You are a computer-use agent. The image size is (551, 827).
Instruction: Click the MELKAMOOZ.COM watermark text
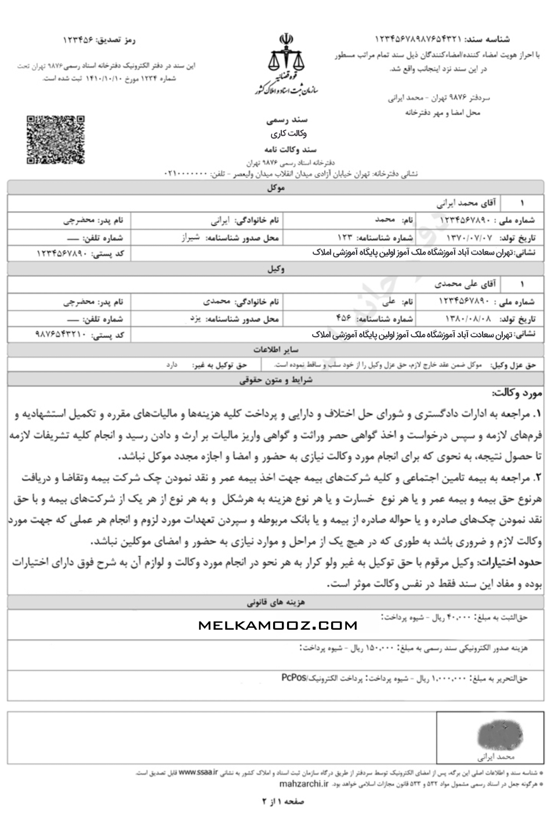277,625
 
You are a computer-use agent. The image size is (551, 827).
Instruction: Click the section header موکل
275,188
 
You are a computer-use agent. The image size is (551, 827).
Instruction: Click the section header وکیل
275,269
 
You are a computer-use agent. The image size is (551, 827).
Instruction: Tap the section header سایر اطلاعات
275,350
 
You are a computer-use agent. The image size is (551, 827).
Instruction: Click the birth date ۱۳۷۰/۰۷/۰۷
470,237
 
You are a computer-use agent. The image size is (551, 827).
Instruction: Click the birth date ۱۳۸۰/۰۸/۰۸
470,319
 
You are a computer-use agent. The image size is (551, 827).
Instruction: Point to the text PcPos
294,677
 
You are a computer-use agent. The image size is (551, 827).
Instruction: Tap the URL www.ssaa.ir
198,772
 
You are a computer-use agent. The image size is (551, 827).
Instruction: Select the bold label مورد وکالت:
516,393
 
